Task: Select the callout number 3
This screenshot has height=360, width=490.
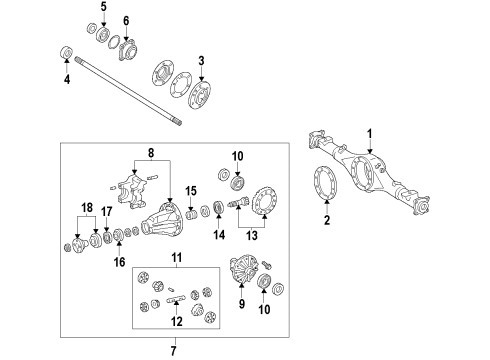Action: click(x=201, y=61)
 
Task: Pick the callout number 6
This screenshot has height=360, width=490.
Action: click(x=125, y=21)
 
